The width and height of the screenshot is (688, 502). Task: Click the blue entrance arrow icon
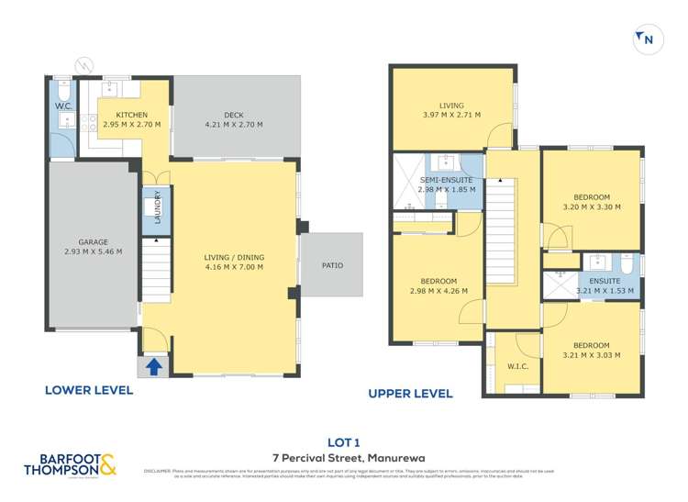154,366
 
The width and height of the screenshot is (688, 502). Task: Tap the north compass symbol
645,39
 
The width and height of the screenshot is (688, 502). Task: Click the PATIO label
332,266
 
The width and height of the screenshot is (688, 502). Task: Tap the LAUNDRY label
158,207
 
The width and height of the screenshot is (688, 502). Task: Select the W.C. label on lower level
62,106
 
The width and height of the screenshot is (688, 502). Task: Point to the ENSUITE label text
605,281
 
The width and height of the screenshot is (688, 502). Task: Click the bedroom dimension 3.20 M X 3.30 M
591,207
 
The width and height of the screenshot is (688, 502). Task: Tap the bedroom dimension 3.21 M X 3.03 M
591,356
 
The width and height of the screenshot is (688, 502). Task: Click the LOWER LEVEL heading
89,390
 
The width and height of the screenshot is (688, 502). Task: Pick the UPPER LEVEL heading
410,394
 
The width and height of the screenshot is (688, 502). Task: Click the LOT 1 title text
343,440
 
